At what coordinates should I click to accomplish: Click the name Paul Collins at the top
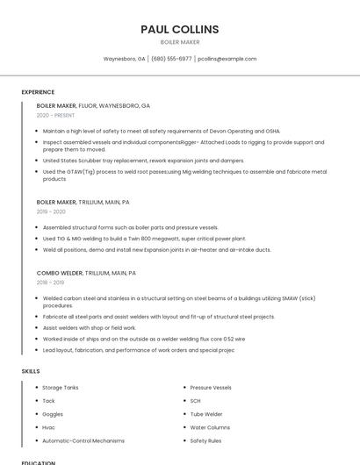(x=180, y=29)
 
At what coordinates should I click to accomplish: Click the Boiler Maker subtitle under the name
(x=180, y=42)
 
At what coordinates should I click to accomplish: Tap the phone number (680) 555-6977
(x=171, y=59)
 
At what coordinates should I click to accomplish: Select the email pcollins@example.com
(x=227, y=59)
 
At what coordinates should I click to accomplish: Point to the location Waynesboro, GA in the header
(x=125, y=59)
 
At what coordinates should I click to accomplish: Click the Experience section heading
(x=38, y=92)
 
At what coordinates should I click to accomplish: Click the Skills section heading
(x=31, y=371)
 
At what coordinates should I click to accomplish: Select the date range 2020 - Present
(x=55, y=115)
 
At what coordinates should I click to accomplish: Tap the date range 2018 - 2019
(x=50, y=283)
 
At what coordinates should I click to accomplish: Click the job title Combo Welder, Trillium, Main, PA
(x=86, y=273)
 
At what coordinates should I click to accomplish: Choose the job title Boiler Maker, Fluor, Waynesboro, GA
(x=93, y=105)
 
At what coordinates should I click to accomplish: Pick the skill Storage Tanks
(x=61, y=387)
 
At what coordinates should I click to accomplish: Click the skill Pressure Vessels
(x=211, y=387)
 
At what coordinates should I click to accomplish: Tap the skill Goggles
(x=53, y=413)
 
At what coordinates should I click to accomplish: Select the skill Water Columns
(x=210, y=427)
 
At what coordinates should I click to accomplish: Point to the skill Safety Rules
(x=205, y=440)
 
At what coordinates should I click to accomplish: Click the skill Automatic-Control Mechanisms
(x=83, y=440)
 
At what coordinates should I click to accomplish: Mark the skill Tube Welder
(x=206, y=413)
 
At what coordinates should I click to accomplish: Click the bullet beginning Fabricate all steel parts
(x=159, y=317)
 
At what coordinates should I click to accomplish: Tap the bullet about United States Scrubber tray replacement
(x=143, y=161)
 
